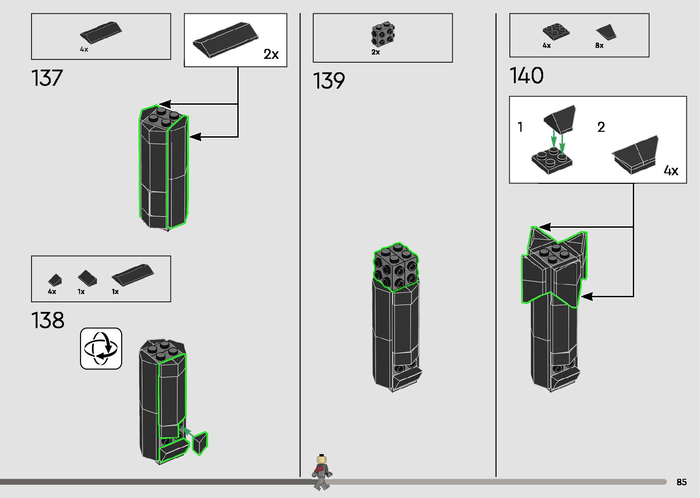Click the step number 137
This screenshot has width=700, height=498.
47,78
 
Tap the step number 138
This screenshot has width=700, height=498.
48,321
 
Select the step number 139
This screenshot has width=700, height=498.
329,81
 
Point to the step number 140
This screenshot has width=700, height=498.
526,75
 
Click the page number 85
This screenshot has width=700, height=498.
681,482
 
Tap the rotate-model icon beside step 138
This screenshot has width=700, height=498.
101,348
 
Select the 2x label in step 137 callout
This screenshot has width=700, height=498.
271,54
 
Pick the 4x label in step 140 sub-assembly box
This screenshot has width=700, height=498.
671,171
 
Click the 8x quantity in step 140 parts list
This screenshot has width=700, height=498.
599,46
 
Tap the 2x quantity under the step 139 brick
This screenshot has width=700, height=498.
375,52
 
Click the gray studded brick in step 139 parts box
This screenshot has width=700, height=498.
383,34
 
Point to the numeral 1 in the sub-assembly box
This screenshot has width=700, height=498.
520,127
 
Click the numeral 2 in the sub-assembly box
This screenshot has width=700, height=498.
601,127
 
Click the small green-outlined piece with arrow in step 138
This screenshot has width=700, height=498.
200,443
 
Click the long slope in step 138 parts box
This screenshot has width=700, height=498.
133,273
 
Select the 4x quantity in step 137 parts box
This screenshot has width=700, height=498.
84,49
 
